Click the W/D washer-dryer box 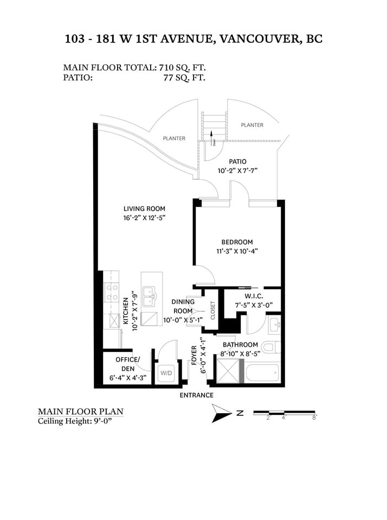click(x=166, y=373)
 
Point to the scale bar click(x=284, y=413)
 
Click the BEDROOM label click(x=237, y=242)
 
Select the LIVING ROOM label click(x=144, y=209)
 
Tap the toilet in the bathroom click(x=271, y=348)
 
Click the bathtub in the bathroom click(x=262, y=373)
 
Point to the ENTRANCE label click(x=197, y=395)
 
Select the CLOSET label click(x=213, y=310)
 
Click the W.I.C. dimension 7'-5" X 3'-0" click(x=254, y=305)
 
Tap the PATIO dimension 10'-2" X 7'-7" click(x=237, y=171)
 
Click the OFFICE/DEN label click(x=128, y=364)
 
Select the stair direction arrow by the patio click(x=211, y=135)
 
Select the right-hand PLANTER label click(x=252, y=125)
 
